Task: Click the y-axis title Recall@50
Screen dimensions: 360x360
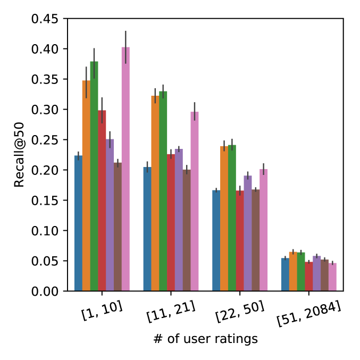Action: (20, 155)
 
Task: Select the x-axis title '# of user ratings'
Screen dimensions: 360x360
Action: (205, 339)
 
